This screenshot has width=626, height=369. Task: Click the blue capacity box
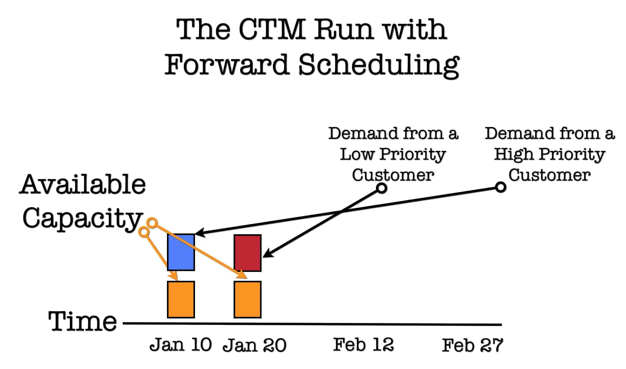click(x=181, y=252)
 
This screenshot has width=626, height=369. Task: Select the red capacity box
click(x=248, y=253)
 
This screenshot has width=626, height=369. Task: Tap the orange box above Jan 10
click(x=181, y=300)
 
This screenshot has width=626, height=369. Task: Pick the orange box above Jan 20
click(x=248, y=300)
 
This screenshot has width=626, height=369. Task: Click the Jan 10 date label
click(x=181, y=345)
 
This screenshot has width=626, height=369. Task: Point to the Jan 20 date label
click(x=254, y=345)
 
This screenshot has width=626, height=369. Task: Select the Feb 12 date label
click(x=363, y=345)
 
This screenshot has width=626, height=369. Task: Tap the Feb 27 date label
click(x=472, y=345)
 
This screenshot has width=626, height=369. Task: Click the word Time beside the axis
click(x=82, y=321)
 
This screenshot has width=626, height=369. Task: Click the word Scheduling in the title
click(x=379, y=65)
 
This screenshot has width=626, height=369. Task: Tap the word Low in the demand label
click(x=357, y=154)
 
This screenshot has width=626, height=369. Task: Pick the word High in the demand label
click(x=514, y=154)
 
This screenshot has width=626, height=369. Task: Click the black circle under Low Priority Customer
click(x=382, y=188)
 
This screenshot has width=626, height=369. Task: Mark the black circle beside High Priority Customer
click(x=500, y=187)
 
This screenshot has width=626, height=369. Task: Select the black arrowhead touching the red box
click(x=268, y=253)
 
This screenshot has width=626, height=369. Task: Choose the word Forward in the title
click(x=227, y=65)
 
